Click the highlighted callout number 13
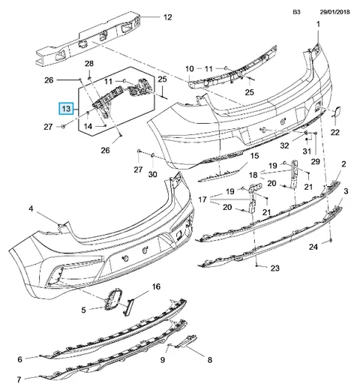(x=66, y=109)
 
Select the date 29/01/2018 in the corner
(x=335, y=12)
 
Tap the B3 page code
(x=296, y=12)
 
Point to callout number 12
(x=168, y=17)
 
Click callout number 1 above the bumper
(x=318, y=24)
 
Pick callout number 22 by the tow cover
(x=335, y=132)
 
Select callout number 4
(x=31, y=208)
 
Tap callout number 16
(x=156, y=286)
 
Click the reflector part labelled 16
(x=128, y=307)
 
